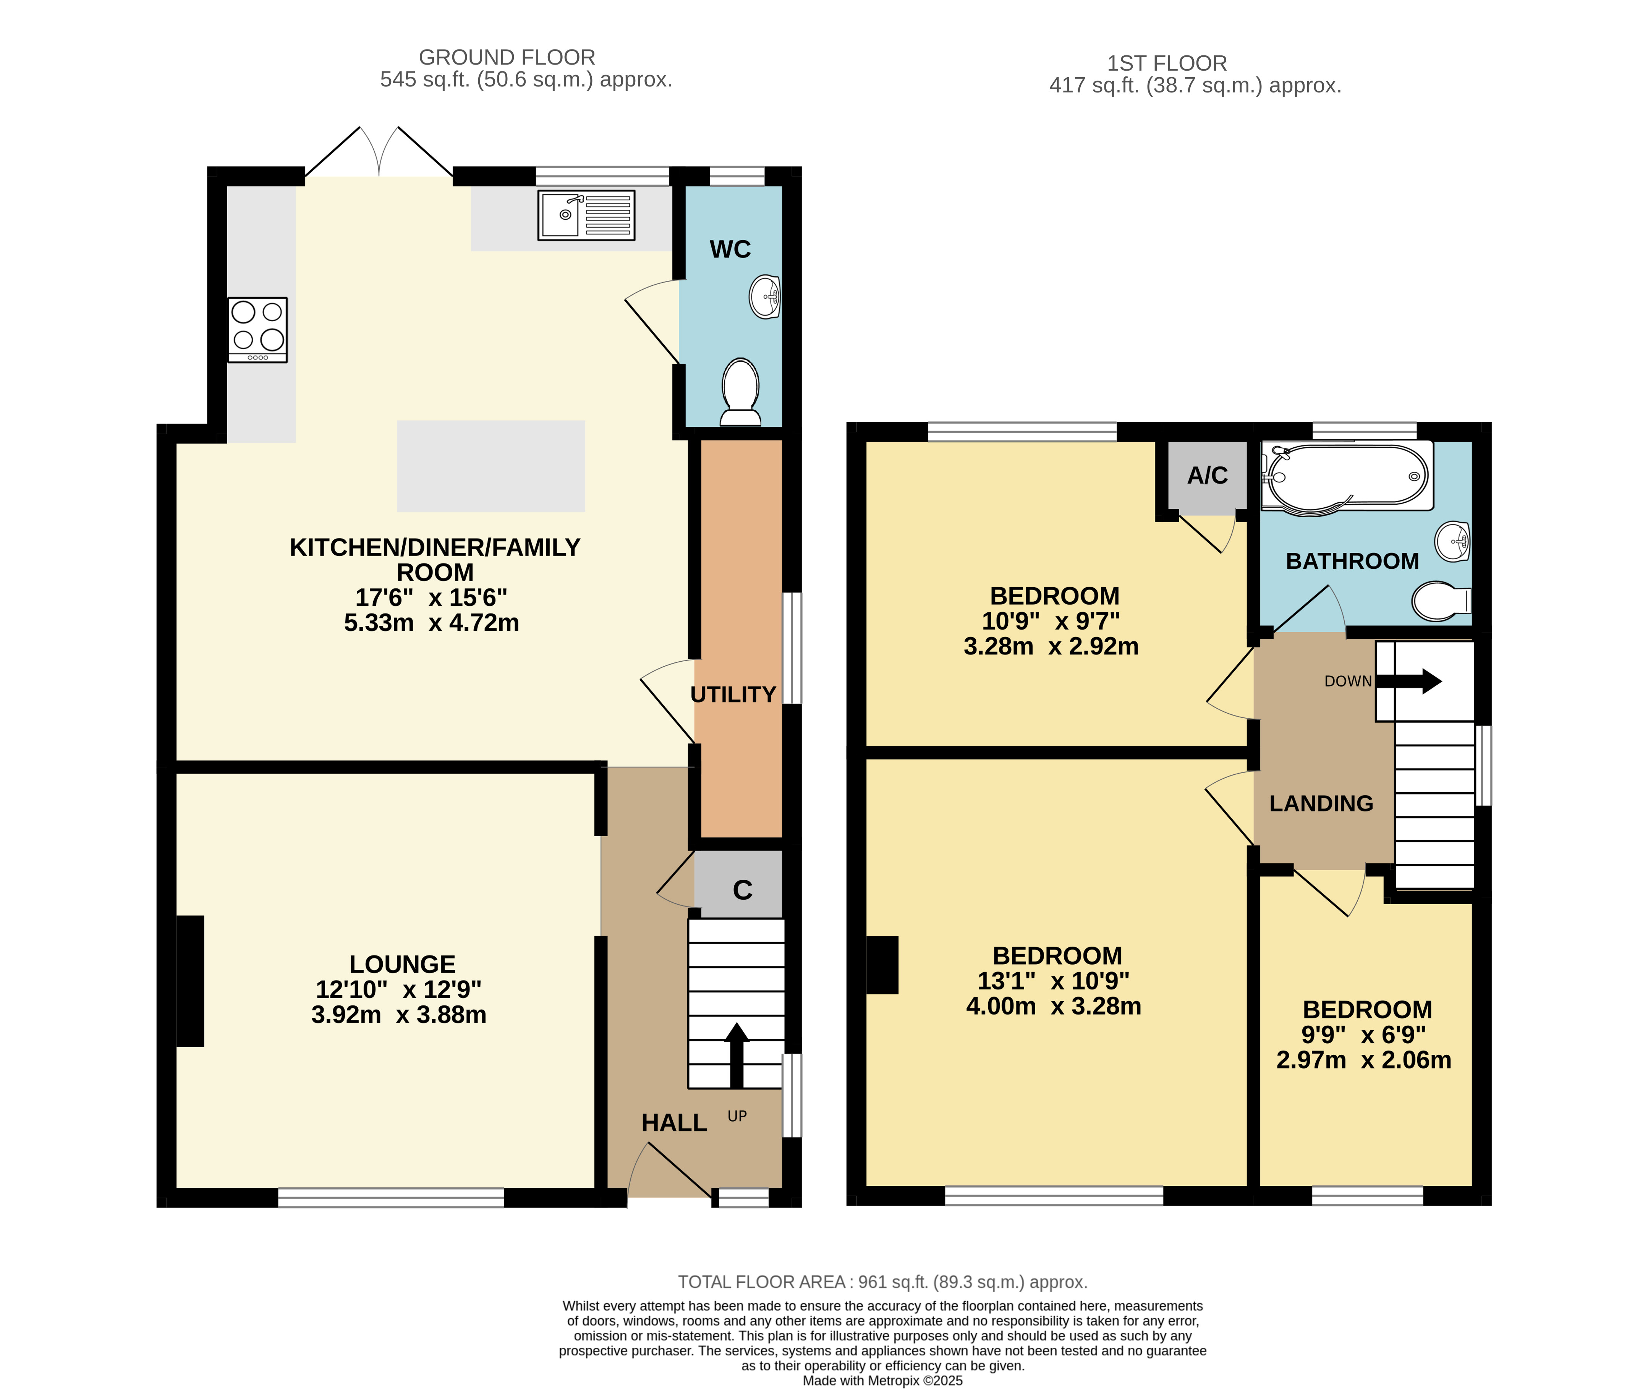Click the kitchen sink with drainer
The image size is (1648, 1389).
(x=586, y=215)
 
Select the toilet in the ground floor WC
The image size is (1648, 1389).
(x=740, y=391)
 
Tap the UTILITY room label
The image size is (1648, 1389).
(x=733, y=694)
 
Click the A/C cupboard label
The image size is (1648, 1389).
(x=1207, y=476)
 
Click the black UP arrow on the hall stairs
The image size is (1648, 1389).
(x=736, y=1055)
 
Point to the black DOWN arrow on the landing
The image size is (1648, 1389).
(x=1408, y=681)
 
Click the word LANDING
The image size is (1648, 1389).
(x=1321, y=803)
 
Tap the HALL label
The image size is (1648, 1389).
(x=674, y=1123)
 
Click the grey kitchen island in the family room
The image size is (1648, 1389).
(x=491, y=466)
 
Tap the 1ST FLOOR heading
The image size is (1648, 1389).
(x=1167, y=63)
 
